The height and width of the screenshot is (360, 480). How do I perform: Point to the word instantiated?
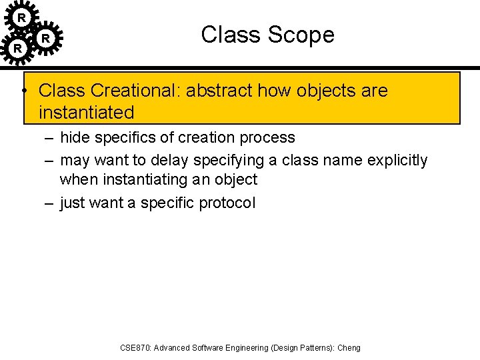pos(87,112)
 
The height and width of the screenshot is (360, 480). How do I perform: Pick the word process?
pos(269,137)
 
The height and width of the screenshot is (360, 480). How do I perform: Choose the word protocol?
pos(227,203)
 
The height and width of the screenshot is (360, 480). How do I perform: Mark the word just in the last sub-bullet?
pos(72,203)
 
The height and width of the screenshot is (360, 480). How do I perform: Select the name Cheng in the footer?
pos(349,347)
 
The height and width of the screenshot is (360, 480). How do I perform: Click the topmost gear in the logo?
pos(21,17)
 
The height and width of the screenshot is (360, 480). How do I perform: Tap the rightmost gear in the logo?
pos(45,39)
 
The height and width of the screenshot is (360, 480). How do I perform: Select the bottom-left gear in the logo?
pos(18,48)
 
